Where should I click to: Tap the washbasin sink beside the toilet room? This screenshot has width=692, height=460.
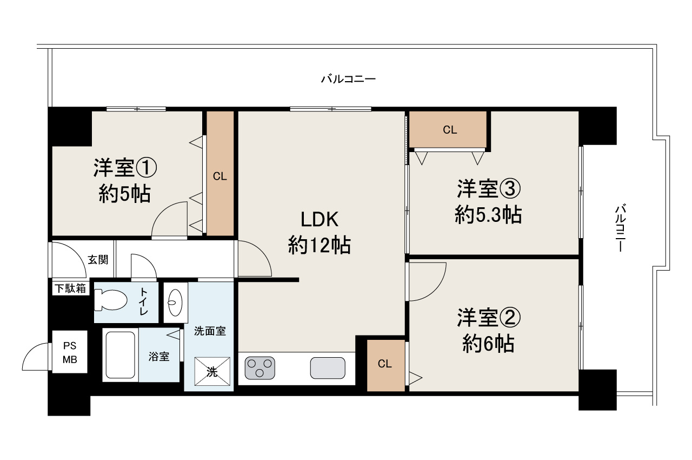pos(176,302)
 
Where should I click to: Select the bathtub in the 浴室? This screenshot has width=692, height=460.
pos(120,355)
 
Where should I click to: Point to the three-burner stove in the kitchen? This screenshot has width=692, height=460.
pos(259,369)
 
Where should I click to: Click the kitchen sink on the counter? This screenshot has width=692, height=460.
pos(328,369)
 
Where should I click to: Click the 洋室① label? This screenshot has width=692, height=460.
pos(125,168)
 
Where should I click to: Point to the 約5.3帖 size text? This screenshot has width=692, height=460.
pos(488,215)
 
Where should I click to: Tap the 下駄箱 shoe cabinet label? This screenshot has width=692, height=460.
pos(70,288)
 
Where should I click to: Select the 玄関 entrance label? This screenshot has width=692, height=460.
pos(98,259)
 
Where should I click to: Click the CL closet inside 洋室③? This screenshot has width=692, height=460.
pos(449,130)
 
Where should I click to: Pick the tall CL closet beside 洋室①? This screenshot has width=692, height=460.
pos(219,176)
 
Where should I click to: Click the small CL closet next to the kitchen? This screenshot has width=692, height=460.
pos(385,364)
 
